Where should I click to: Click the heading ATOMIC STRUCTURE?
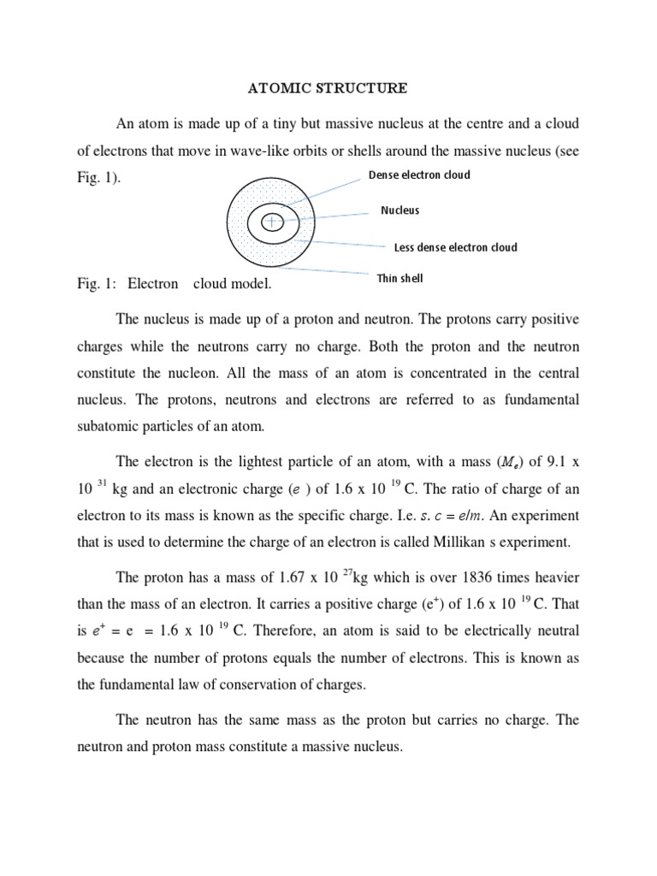(328, 87)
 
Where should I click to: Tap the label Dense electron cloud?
(419, 175)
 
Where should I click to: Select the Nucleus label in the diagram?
(400, 210)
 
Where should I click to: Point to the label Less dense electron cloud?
(455, 247)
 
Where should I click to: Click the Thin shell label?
(400, 278)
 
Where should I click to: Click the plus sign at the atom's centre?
(272, 222)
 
